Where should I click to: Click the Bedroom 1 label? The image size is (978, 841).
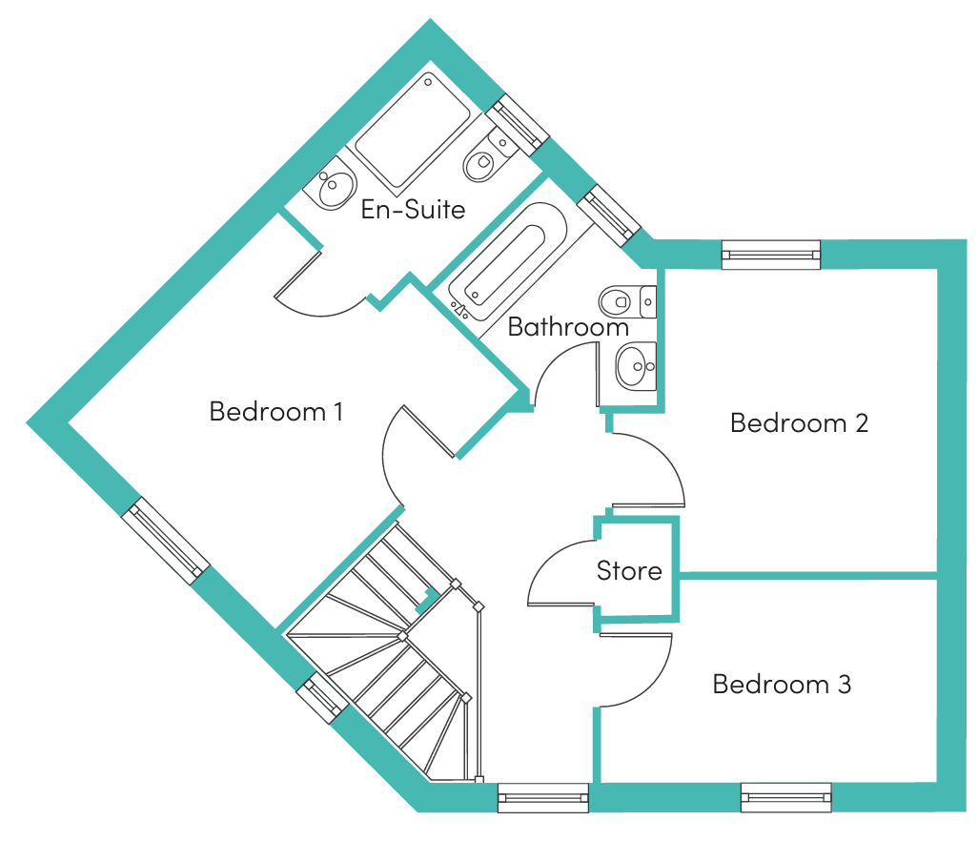[275, 412]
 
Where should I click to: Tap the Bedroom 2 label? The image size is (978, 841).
[799, 423]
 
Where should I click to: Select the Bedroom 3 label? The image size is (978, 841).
[782, 685]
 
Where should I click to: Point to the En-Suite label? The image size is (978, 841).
[413, 210]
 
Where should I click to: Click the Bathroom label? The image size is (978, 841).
[567, 327]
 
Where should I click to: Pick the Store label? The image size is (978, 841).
[629, 571]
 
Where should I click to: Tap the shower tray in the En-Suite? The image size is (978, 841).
[413, 132]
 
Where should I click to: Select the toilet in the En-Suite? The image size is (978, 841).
[490, 155]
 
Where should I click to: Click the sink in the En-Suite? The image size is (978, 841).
[331, 183]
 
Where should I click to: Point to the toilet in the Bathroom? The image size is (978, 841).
[627, 302]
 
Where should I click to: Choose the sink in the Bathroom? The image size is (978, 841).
[636, 367]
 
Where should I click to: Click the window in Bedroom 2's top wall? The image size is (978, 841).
[771, 255]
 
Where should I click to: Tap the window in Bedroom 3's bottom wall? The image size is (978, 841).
[785, 797]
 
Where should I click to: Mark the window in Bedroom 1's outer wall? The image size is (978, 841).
[165, 541]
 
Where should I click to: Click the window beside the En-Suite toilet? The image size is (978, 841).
[517, 125]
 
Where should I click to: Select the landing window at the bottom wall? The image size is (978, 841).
[542, 798]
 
